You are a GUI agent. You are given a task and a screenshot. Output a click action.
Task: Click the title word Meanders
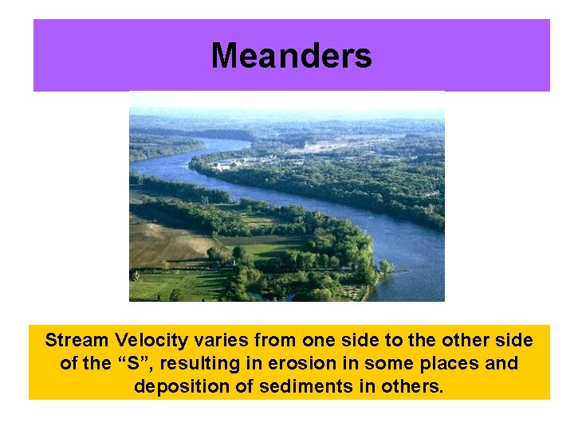coord(291,57)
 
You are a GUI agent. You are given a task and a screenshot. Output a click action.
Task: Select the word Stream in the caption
coord(77,341)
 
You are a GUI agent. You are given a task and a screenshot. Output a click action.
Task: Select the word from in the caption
coord(273,341)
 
